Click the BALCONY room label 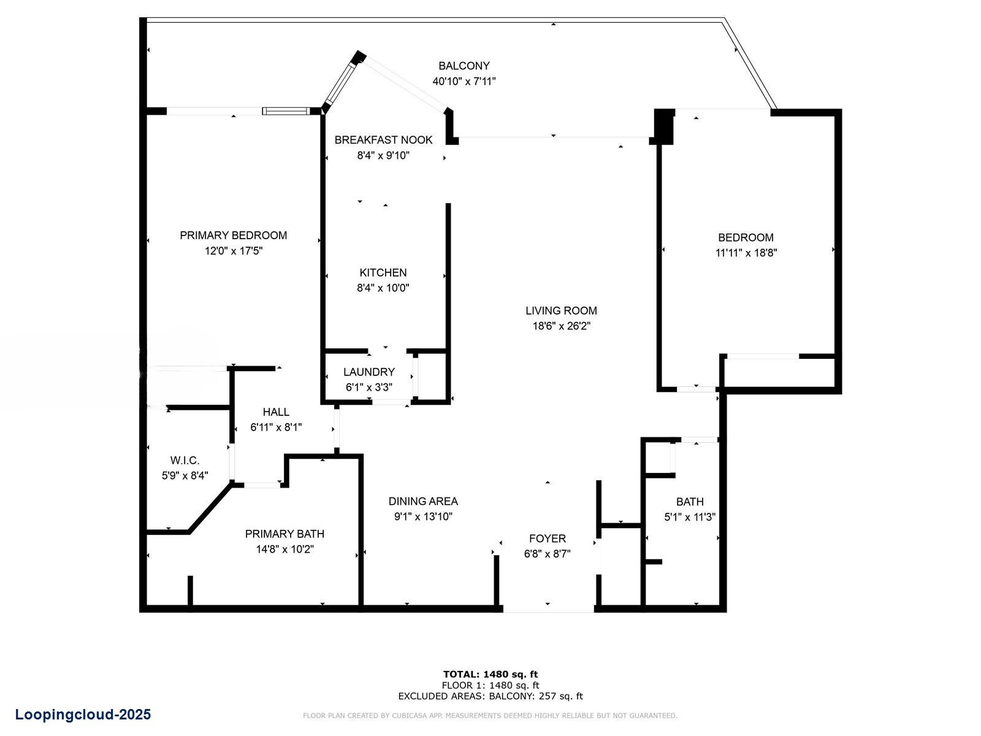click(464, 66)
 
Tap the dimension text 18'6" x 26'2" click(561, 326)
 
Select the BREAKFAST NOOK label click(383, 140)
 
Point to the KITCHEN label click(383, 272)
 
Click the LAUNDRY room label click(368, 372)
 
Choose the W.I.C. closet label click(185, 460)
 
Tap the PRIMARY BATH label click(284, 534)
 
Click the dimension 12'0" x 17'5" click(233, 251)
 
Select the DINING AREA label click(423, 501)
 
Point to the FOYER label click(547, 539)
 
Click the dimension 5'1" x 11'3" click(690, 517)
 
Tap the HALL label click(276, 412)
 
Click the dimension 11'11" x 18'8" click(746, 253)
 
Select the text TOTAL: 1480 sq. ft click(490, 674)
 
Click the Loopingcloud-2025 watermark click(83, 715)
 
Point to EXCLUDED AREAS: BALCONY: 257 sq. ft click(490, 696)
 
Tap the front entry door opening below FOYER click(548, 609)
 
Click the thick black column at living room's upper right click(663, 126)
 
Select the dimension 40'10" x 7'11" click(464, 81)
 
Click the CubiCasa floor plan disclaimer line click(490, 716)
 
